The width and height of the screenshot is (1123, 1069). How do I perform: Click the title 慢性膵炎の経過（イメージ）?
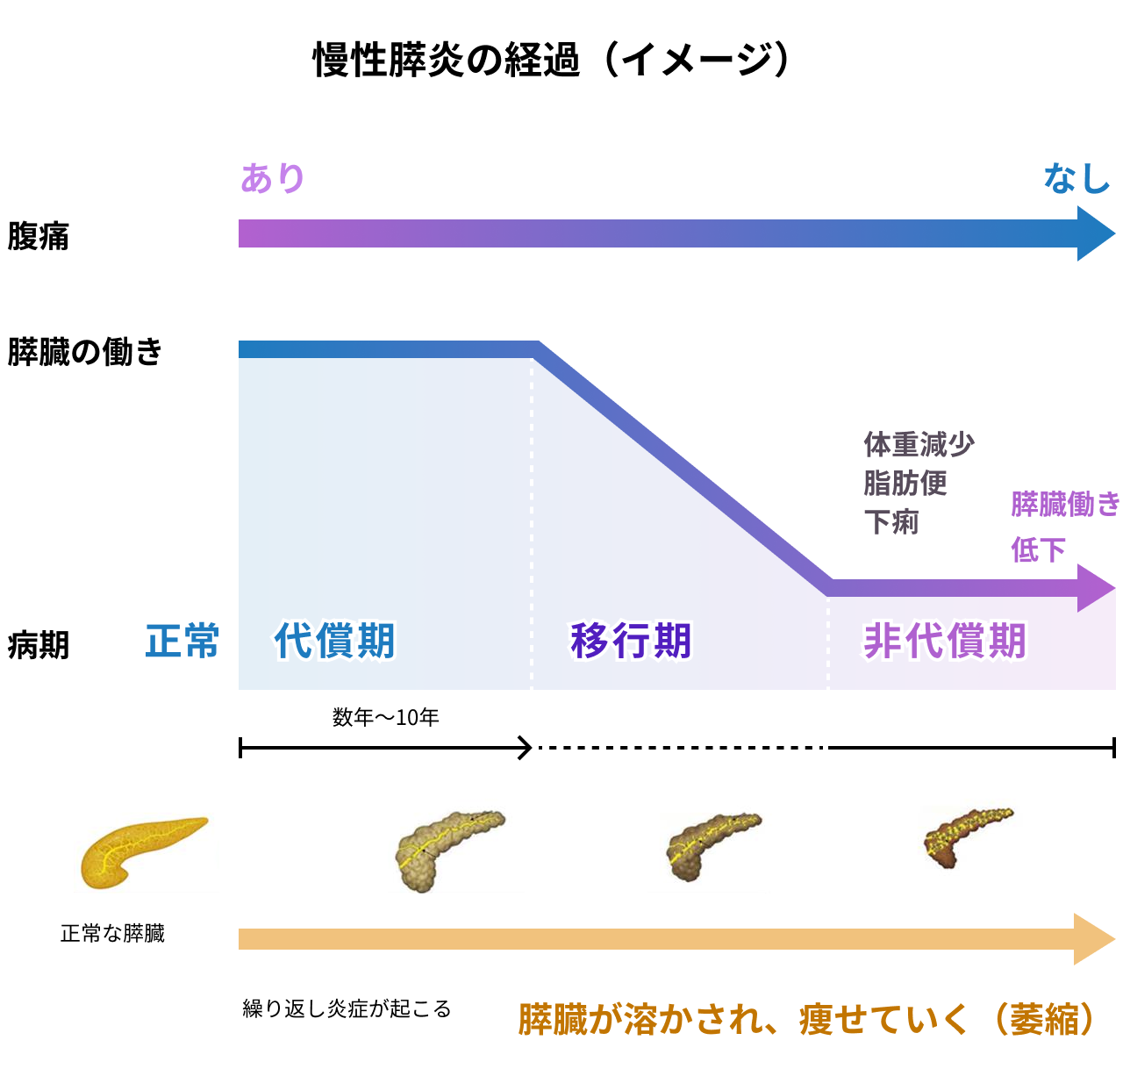(553, 60)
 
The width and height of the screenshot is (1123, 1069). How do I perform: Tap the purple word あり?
(273, 178)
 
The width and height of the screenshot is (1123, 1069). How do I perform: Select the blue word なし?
(1077, 178)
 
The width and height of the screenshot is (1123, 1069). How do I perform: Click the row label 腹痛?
(38, 236)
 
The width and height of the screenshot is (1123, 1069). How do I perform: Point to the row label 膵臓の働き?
(85, 351)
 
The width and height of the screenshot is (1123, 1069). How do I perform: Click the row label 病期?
(38, 645)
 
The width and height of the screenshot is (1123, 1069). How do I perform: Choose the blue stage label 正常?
(182, 641)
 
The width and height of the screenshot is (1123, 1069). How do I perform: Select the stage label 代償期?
(335, 641)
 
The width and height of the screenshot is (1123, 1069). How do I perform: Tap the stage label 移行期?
(631, 641)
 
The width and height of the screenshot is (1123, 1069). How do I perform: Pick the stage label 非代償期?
(945, 641)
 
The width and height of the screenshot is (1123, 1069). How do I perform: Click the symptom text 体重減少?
(919, 444)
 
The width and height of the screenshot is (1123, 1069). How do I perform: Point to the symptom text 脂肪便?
(905, 483)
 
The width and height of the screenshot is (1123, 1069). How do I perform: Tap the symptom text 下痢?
(891, 522)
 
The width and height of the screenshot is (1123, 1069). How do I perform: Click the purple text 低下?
(1038, 550)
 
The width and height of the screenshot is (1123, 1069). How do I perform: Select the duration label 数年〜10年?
(385, 718)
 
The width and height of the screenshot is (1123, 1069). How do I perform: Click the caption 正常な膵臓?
(112, 934)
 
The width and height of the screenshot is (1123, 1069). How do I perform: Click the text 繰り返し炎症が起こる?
(347, 1009)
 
